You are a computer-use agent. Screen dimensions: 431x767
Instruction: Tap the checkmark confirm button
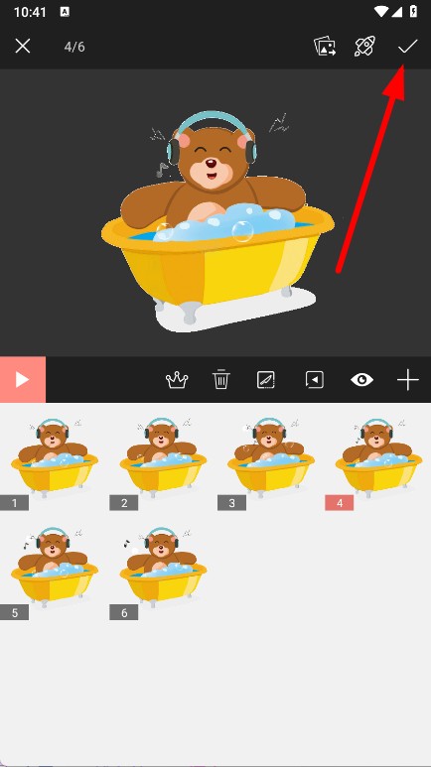coord(407,47)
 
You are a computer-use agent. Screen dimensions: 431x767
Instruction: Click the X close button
coord(23,47)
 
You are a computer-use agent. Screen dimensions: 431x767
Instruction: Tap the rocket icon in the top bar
coord(364,47)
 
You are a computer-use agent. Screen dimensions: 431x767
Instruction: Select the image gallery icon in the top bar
coord(325,47)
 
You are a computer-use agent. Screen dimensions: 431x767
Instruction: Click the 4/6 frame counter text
coord(74,47)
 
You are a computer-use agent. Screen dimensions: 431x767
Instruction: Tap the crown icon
coord(177,380)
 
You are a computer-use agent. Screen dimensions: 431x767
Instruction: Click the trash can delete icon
coord(221,380)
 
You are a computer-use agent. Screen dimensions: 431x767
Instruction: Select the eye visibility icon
coord(361,380)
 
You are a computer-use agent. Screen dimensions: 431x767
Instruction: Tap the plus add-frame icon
coord(408,380)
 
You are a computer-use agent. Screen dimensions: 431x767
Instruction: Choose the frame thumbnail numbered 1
coord(55,457)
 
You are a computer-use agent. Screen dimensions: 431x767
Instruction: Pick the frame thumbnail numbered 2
coord(163,457)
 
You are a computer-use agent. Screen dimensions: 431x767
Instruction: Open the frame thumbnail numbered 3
coord(271,457)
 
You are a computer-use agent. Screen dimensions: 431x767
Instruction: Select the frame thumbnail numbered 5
coord(55,568)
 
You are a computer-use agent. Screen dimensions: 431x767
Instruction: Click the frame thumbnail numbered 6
coord(163,568)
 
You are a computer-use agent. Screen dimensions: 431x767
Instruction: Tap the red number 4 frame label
coord(340,503)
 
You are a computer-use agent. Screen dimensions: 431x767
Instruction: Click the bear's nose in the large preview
coord(211,164)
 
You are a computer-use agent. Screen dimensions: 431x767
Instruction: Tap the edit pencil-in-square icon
coord(266,380)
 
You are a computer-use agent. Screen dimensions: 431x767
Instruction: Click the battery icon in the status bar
coord(413,12)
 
